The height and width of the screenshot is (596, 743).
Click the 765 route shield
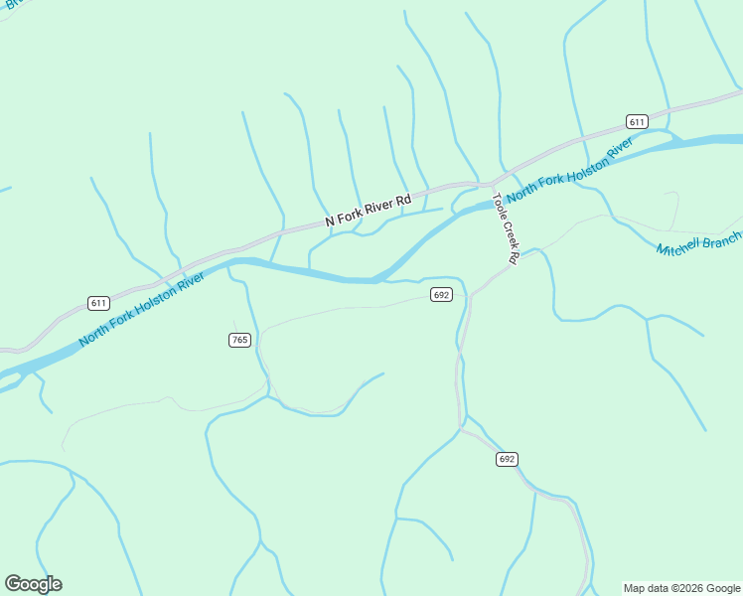tap(239, 340)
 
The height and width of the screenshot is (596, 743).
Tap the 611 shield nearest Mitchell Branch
tap(637, 121)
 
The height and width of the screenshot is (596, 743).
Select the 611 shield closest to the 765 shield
tap(97, 303)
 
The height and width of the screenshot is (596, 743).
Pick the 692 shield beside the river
tap(442, 295)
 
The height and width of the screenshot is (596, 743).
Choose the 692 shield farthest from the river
tap(507, 459)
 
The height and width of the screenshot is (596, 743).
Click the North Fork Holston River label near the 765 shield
tap(141, 309)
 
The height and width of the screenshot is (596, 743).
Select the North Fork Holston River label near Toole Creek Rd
tap(568, 171)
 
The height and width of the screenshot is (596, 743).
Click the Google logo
tap(33, 584)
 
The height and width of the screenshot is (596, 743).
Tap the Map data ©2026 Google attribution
tap(682, 588)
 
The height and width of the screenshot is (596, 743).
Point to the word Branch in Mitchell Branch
tap(722, 238)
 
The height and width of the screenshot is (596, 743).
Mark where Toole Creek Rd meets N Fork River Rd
tap(491, 183)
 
